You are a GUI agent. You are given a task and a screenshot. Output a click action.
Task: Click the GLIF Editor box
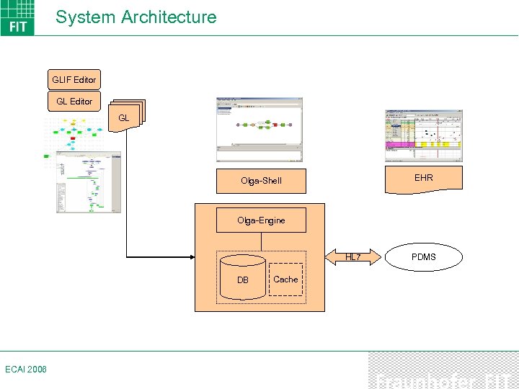(x=74, y=79)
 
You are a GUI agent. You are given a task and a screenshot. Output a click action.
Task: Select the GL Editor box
(x=74, y=102)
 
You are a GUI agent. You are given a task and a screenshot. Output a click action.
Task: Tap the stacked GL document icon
(x=127, y=116)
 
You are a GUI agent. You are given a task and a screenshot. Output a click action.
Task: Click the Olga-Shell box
(x=261, y=181)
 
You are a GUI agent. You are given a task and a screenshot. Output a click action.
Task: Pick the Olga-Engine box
(x=261, y=220)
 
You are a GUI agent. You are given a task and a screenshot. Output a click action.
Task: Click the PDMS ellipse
(x=424, y=256)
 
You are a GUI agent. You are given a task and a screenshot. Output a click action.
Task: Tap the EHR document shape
(x=424, y=179)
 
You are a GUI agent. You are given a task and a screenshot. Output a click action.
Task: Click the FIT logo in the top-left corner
(x=17, y=18)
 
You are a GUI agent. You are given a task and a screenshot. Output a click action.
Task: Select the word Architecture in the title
(x=170, y=17)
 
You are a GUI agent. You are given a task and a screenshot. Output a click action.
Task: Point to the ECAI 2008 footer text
(x=26, y=370)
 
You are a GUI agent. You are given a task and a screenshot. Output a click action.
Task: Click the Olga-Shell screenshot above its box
(x=259, y=129)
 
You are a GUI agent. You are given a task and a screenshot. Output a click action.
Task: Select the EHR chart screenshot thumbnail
(x=424, y=135)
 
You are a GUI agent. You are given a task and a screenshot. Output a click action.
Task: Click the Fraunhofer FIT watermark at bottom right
(x=442, y=375)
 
